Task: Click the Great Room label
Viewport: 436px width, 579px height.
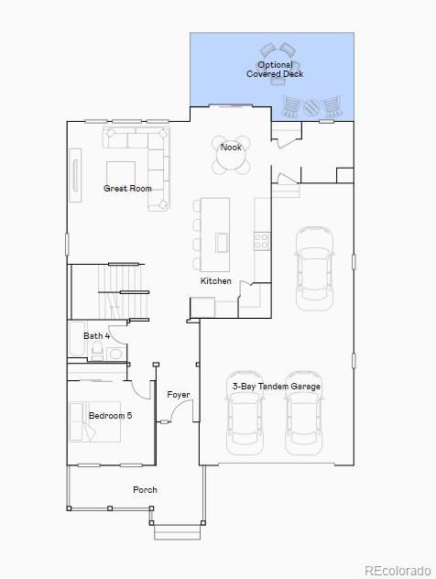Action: pyautogui.click(x=127, y=189)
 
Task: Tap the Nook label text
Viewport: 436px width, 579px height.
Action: pyautogui.click(x=231, y=147)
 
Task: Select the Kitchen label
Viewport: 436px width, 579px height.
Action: pyautogui.click(x=216, y=281)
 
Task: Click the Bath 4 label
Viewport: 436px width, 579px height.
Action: pyautogui.click(x=97, y=336)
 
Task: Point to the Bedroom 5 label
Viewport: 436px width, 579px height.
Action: pyautogui.click(x=110, y=415)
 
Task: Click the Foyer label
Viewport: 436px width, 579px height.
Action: pyautogui.click(x=179, y=395)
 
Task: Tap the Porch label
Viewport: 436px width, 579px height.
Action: pyautogui.click(x=145, y=490)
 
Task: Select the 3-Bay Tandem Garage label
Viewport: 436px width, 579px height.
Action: pyautogui.click(x=276, y=387)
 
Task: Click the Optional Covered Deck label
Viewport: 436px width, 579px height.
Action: pyautogui.click(x=275, y=70)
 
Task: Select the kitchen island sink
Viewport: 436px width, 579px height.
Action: pyautogui.click(x=222, y=242)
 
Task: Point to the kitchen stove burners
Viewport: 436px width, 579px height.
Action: pyautogui.click(x=262, y=241)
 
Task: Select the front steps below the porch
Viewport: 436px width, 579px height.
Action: pyautogui.click(x=177, y=530)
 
